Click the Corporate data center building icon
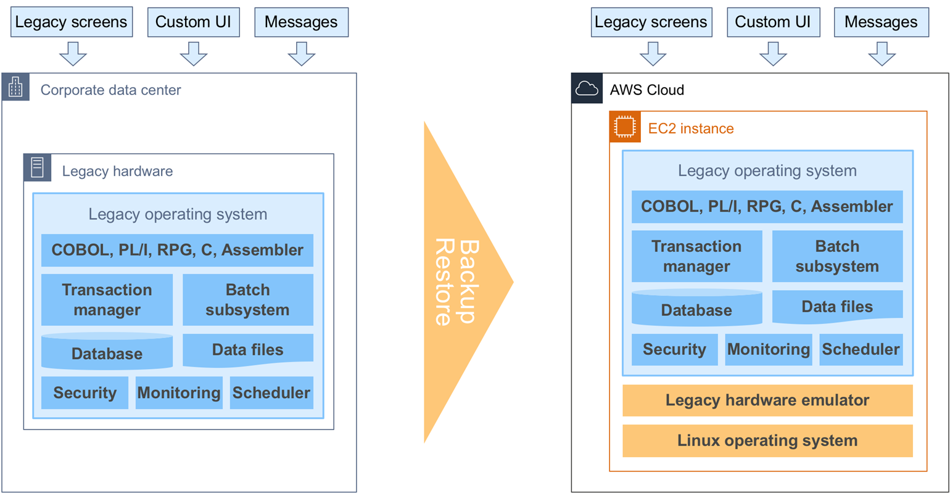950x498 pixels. [15, 88]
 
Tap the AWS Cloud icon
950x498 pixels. [587, 89]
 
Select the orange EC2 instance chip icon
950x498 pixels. [625, 127]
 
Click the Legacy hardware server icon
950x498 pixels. [38, 168]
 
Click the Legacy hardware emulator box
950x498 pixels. [767, 400]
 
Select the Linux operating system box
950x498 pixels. [767, 441]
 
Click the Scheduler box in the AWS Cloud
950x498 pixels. [861, 349]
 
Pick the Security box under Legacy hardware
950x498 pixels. [85, 392]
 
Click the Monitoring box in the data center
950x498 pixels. [179, 392]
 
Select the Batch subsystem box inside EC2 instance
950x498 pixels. [837, 256]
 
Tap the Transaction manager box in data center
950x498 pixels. [107, 299]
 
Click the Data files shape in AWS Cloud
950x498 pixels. [837, 307]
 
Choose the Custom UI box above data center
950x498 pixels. [193, 22]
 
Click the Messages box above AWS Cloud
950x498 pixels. [881, 22]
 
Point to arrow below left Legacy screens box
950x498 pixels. [73, 54]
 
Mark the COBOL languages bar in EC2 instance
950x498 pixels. [767, 207]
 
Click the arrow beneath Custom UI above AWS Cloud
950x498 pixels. [773, 54]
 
